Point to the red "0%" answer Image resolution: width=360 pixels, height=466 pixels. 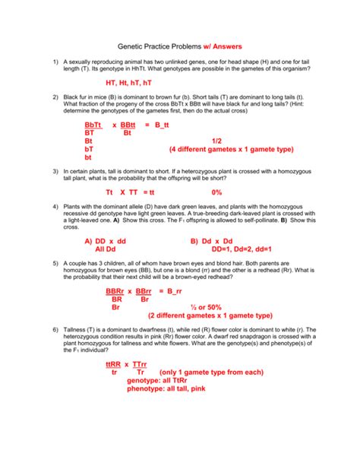(x=217, y=192)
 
